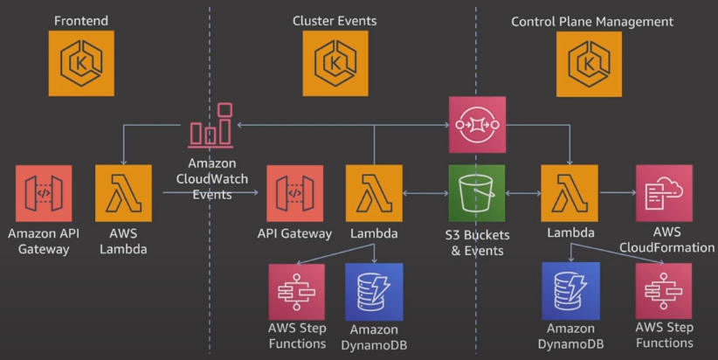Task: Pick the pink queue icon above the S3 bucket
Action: pyautogui.click(x=477, y=124)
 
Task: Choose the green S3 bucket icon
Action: pyautogui.click(x=477, y=193)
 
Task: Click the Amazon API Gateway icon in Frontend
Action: pyautogui.click(x=44, y=193)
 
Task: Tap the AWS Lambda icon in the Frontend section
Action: pyautogui.click(x=123, y=193)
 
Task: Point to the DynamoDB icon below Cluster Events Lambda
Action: pyautogui.click(x=374, y=292)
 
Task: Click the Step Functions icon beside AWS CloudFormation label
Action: pyautogui.click(x=664, y=292)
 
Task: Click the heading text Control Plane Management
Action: pyautogui.click(x=591, y=20)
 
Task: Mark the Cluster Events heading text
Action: pyautogui.click(x=335, y=20)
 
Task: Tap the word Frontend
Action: pyautogui.click(x=81, y=20)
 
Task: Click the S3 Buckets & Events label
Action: pyautogui.click(x=477, y=243)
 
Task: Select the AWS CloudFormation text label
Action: pyautogui.click(x=666, y=240)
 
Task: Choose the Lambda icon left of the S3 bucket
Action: pyautogui.click(x=374, y=193)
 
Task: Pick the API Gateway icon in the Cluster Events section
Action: pyautogui.click(x=295, y=193)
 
